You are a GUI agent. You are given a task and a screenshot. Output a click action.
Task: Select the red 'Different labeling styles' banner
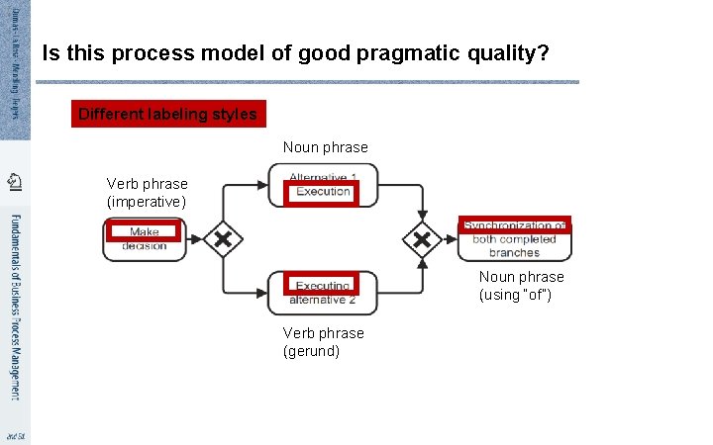pos(167,115)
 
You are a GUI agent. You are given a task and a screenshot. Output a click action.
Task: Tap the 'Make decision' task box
pos(145,238)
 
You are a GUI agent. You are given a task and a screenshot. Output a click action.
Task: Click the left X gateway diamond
pos(223,238)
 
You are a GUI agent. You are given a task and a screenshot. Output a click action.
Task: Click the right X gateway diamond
pos(423,238)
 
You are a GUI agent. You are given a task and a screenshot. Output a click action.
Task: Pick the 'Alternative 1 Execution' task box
pos(323,185)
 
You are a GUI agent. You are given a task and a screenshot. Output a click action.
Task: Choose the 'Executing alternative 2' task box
pos(323,293)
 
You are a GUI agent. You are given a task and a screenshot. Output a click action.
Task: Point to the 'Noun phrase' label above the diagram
pos(325,147)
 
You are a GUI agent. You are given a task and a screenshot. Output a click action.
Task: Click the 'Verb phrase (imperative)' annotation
pos(147,193)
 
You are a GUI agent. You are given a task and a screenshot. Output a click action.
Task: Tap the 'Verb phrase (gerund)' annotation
pos(324,342)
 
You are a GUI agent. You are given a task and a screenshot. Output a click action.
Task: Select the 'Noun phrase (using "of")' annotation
pos(521,286)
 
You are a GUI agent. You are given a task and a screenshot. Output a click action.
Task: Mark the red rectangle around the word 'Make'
pos(145,232)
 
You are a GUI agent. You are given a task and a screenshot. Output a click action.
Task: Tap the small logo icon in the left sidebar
pos(14,181)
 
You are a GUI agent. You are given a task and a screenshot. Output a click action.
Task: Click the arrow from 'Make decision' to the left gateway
pos(194,238)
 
